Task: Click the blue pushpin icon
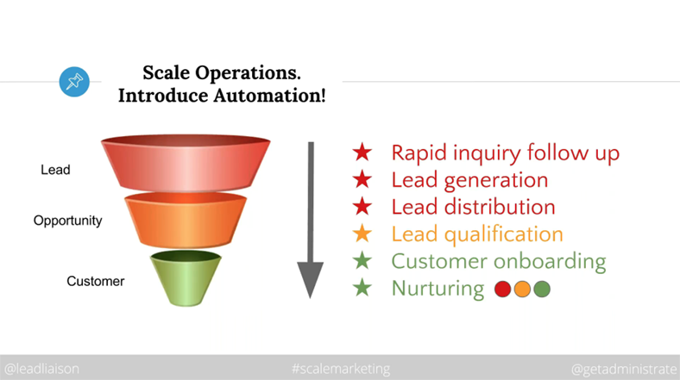tap(74, 82)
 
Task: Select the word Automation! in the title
tap(269, 96)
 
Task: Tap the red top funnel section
tap(186, 163)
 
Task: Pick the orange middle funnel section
tap(186, 220)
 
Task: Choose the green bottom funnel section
tap(186, 277)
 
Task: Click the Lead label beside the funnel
tap(55, 170)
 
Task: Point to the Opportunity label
tap(67, 221)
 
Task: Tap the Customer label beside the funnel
tap(96, 281)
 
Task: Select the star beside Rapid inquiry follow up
tap(362, 153)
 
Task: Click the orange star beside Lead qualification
tap(362, 234)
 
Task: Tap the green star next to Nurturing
tap(362, 288)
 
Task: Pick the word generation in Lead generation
tap(496, 181)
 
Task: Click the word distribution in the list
tap(500, 207)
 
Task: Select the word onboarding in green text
tap(550, 262)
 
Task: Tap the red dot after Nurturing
tap(502, 290)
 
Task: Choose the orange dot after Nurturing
tap(522, 290)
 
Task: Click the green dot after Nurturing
tap(542, 290)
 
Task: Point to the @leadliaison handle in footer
tap(41, 369)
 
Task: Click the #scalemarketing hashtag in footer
tap(341, 369)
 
